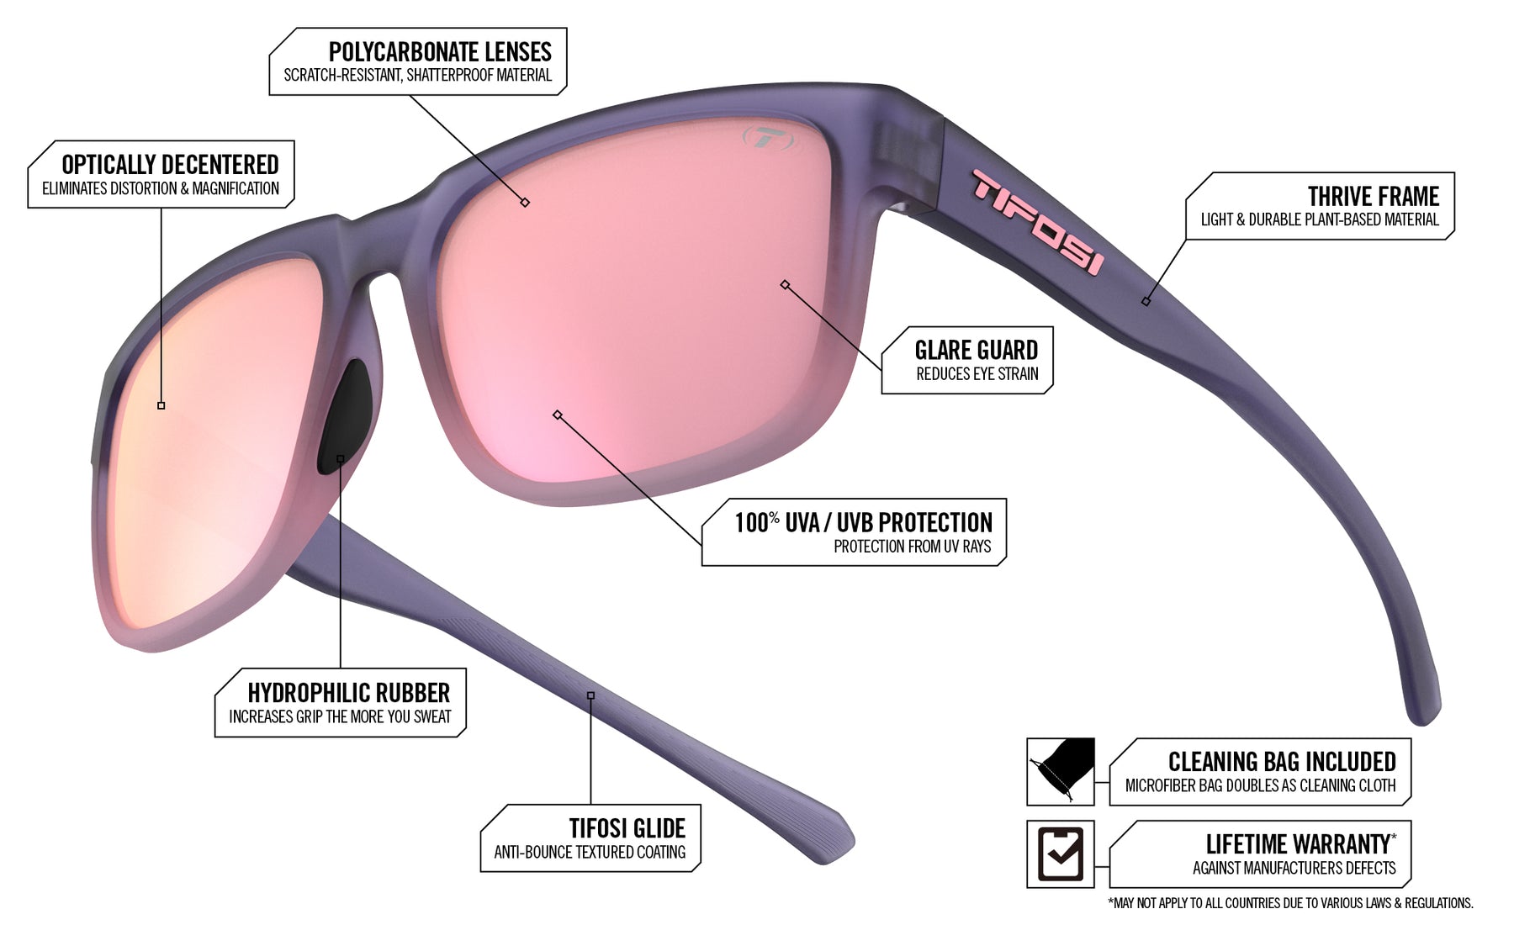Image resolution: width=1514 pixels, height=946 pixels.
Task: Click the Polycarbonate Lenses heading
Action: pos(440,52)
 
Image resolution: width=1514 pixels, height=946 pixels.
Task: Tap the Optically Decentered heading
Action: pos(170,165)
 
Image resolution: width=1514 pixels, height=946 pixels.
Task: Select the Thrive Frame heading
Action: pos(1373,197)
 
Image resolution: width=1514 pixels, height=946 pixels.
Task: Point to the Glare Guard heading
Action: pos(976,350)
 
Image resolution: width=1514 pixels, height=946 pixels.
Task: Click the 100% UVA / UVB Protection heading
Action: pos(863,522)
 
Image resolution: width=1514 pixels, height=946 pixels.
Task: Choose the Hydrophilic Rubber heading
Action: pos(348,693)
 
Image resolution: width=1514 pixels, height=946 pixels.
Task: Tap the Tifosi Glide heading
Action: pos(627,828)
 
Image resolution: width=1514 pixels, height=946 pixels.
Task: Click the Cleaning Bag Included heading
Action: pos(1282,762)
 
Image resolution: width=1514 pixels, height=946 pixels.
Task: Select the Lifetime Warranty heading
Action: pos(1300,843)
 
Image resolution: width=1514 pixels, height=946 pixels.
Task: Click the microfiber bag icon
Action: pos(1061,772)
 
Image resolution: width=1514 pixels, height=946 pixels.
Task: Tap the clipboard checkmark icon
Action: pos(1061,854)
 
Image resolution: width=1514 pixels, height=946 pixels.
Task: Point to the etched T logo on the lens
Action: pos(767,138)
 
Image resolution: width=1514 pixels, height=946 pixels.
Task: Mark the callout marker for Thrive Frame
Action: pos(1146,301)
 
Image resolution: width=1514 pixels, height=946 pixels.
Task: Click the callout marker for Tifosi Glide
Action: pos(590,695)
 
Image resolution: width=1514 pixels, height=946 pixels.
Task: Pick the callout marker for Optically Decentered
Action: pos(161,405)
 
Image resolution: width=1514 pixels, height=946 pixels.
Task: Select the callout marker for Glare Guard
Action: pos(785,285)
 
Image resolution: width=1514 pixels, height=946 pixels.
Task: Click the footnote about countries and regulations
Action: pos(1290,903)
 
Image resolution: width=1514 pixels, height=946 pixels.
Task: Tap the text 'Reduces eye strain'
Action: pos(977,374)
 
